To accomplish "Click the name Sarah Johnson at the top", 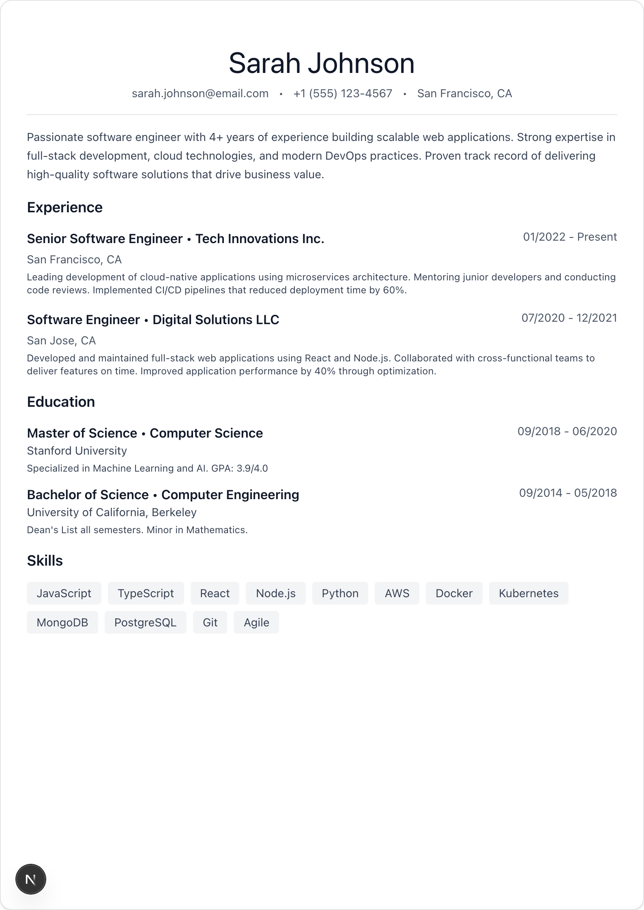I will click(x=322, y=64).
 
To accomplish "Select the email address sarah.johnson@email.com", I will click(x=200, y=94).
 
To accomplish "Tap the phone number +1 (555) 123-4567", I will click(x=343, y=94).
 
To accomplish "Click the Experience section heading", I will click(x=65, y=207).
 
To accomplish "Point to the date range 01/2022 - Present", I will click(x=570, y=237).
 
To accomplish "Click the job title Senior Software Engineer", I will click(x=105, y=239).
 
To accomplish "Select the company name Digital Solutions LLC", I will click(x=216, y=320).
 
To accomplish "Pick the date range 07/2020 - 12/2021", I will click(x=569, y=318).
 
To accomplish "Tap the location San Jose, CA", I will click(x=61, y=341).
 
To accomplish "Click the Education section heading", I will click(x=61, y=402).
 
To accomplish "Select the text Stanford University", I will click(x=77, y=451).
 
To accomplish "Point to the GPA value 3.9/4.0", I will click(x=252, y=469).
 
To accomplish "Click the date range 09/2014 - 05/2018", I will click(x=568, y=493).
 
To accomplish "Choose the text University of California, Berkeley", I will click(x=112, y=513).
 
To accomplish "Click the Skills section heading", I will click(x=45, y=561).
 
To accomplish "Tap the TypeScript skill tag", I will click(x=146, y=594).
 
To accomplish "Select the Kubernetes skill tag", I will click(x=528, y=594).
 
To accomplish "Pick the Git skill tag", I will click(x=210, y=623).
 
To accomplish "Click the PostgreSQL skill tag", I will click(x=145, y=623).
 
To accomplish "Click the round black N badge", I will click(x=31, y=879).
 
